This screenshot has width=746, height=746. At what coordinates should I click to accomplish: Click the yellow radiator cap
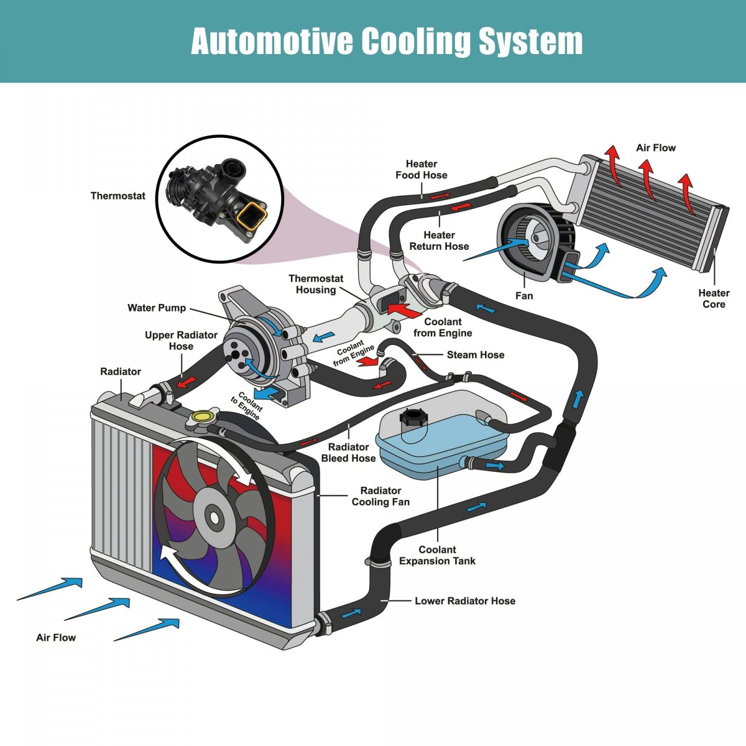click(x=203, y=417)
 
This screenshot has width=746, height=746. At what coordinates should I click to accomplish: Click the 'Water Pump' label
click(x=157, y=308)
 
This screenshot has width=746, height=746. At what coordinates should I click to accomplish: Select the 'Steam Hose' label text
click(x=476, y=354)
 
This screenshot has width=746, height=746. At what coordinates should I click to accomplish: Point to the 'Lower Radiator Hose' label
click(x=465, y=601)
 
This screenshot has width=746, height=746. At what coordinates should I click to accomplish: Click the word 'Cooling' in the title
click(x=415, y=42)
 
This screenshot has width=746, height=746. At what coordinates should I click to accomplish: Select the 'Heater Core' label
click(x=714, y=298)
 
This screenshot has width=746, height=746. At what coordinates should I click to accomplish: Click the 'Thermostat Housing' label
click(x=316, y=284)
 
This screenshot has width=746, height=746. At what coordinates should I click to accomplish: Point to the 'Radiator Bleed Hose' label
click(x=348, y=453)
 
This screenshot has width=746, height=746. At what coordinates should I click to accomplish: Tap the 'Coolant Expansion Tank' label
click(x=437, y=555)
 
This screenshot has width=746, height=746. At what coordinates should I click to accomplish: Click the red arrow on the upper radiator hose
click(x=186, y=382)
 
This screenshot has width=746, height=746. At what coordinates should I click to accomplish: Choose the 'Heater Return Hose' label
click(x=439, y=241)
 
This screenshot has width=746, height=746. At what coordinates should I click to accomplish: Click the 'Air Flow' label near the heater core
click(x=656, y=147)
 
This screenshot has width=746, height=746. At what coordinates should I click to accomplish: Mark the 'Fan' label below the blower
click(x=524, y=296)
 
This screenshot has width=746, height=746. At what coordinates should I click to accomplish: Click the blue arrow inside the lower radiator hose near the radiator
click(x=351, y=613)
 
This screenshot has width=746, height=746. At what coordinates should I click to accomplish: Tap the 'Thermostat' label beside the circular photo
click(x=117, y=196)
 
